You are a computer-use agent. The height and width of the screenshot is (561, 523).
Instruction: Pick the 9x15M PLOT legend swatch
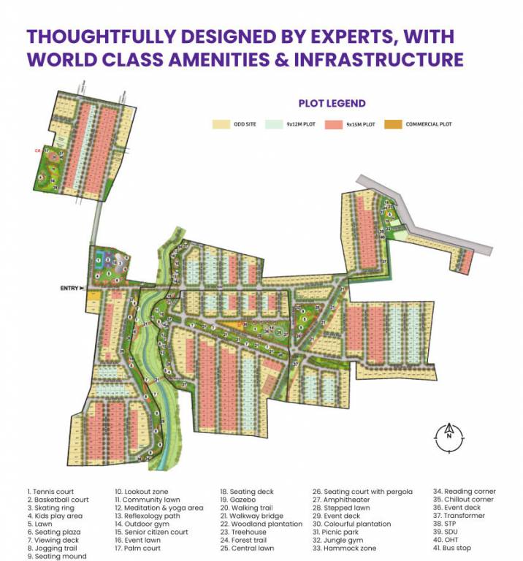tap(335, 125)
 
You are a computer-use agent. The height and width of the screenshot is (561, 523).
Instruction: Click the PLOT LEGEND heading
tap(332, 104)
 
